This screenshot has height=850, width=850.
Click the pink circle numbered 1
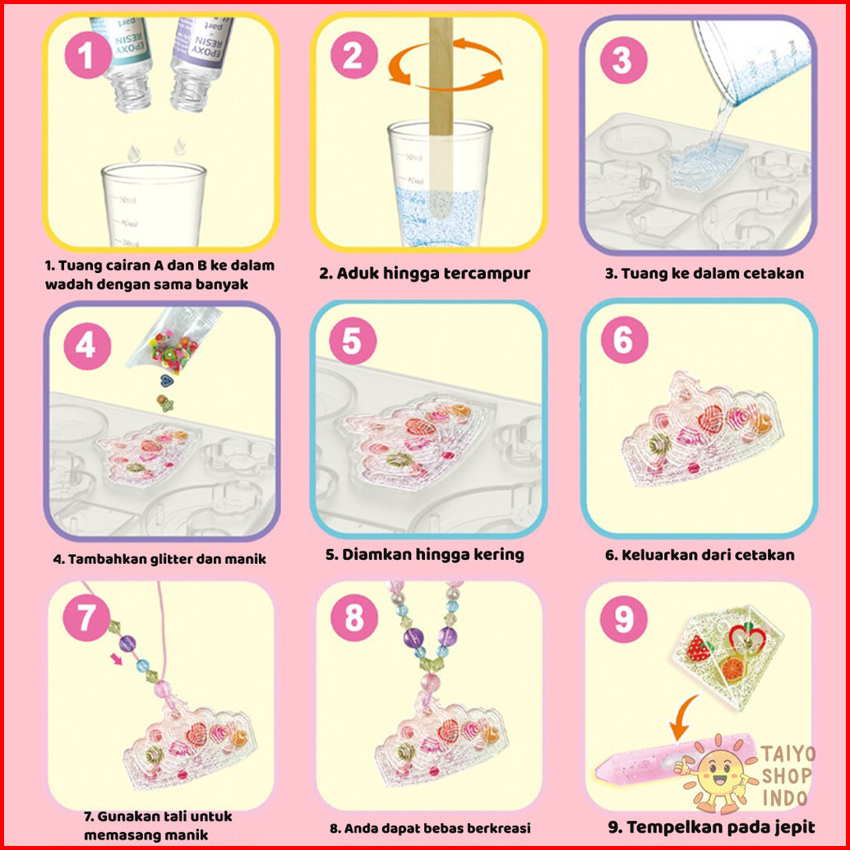pos(88,55)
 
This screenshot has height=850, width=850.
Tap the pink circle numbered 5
pos(353,340)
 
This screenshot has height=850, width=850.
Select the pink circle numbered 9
pos(624,619)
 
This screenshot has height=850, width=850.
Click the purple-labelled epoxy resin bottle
pos(200,62)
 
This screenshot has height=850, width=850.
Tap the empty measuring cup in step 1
pos(153,205)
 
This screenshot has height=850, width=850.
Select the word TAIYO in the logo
pos(788,754)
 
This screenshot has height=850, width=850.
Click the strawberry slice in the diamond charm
pos(699,649)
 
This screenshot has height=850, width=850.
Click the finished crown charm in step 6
pos(703,428)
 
